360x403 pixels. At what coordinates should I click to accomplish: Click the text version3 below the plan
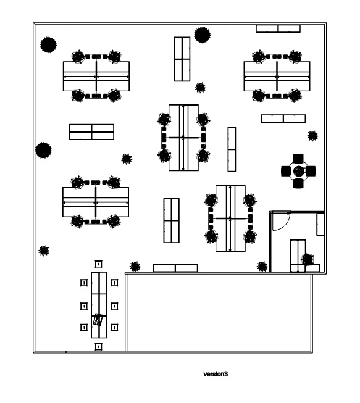click(x=216, y=374)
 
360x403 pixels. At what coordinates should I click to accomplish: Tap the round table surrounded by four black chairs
click(x=298, y=171)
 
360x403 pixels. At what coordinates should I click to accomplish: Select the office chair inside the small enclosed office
click(x=308, y=259)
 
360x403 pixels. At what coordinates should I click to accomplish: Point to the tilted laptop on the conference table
click(x=98, y=320)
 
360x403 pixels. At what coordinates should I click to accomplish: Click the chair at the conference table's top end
click(x=98, y=264)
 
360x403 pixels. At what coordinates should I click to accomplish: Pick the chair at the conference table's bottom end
click(x=98, y=347)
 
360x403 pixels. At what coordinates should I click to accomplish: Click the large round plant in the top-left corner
click(x=48, y=45)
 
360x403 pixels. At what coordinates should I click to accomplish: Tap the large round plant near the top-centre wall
click(x=202, y=35)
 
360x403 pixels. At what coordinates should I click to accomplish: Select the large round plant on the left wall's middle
click(x=43, y=151)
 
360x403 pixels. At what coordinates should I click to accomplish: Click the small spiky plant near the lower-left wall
click(x=44, y=251)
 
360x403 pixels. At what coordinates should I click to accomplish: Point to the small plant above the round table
click(x=312, y=136)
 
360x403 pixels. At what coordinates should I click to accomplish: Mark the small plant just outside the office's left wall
click(x=262, y=267)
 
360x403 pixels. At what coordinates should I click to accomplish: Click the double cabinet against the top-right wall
click(x=278, y=28)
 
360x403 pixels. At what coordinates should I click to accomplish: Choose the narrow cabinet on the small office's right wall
click(x=320, y=225)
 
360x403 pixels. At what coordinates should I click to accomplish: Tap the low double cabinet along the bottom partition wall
click(x=175, y=268)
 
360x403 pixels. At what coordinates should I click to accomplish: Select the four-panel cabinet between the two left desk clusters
click(x=91, y=132)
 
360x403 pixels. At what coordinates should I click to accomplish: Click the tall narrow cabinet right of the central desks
click(x=232, y=149)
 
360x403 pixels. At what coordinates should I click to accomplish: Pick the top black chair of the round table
click(x=298, y=159)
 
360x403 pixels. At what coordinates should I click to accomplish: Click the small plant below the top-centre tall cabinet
click(x=200, y=88)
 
